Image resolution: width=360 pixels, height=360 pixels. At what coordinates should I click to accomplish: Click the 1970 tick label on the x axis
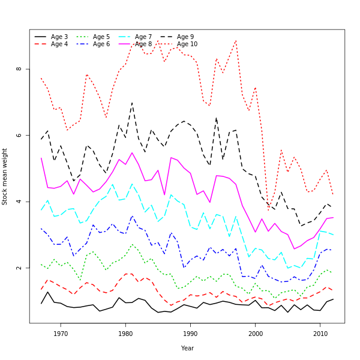(x=61, y=333)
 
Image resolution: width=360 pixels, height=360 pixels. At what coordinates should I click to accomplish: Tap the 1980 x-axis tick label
(x=125, y=333)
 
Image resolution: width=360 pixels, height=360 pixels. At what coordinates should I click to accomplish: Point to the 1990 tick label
(x=190, y=333)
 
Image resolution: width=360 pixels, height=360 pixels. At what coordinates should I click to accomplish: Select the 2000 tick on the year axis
(x=255, y=333)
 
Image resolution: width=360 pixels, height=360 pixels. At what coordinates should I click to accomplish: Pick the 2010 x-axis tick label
(x=320, y=333)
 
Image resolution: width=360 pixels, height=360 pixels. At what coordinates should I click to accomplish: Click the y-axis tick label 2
(x=19, y=268)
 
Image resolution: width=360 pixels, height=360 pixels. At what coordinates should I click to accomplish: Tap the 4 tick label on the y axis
(x=19, y=202)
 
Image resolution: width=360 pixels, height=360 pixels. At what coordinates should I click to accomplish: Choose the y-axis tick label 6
(x=19, y=135)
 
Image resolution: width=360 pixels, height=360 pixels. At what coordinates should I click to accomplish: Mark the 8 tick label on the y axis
(x=19, y=68)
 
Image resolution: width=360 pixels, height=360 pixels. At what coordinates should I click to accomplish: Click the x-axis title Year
(x=187, y=348)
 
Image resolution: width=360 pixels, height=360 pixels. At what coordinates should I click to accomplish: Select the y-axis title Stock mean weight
(x=5, y=176)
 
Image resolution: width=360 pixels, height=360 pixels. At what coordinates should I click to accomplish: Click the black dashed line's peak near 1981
(x=132, y=103)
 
